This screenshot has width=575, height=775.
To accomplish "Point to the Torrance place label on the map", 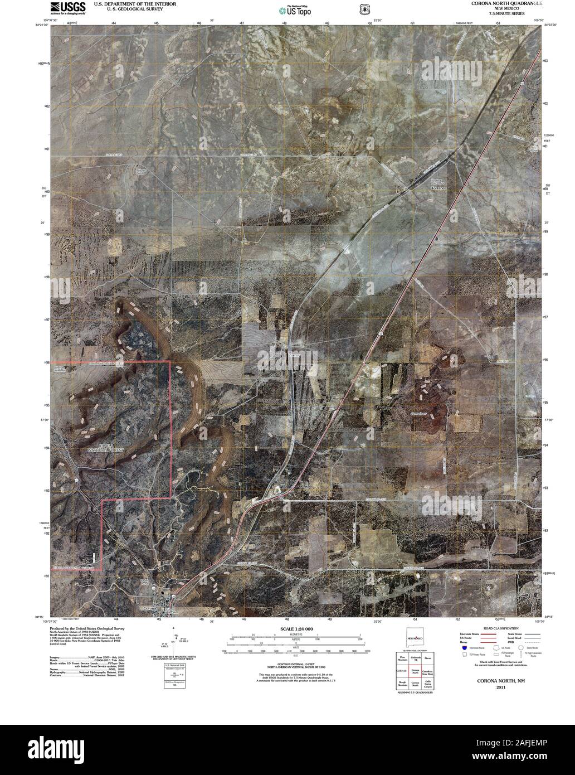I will [439, 188].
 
